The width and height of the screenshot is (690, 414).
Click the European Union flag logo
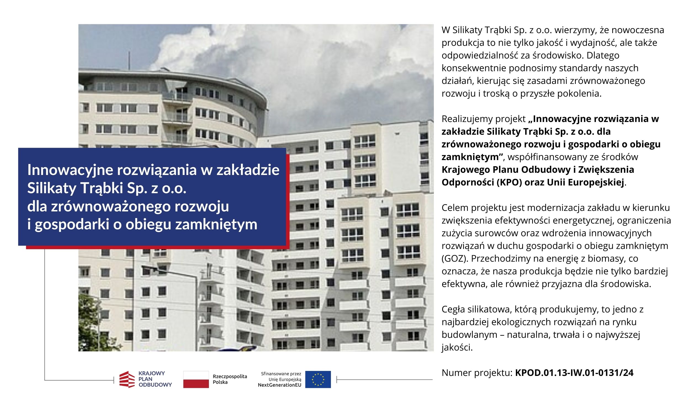point(318,379)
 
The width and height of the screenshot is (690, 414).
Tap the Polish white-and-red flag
point(196,379)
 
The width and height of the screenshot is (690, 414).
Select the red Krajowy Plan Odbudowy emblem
point(127,379)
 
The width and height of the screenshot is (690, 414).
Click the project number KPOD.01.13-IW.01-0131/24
point(574,373)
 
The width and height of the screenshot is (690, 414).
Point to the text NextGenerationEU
point(280,385)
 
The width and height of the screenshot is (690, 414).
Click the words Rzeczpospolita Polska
point(230,379)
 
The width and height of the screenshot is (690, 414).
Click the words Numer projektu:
point(477,373)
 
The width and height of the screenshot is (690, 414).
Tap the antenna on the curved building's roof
point(129,60)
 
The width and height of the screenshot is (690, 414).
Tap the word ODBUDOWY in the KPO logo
point(155,385)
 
